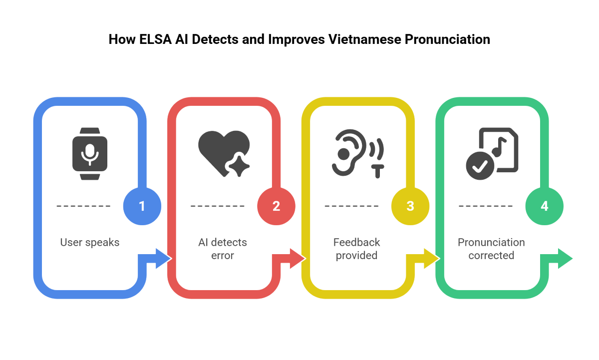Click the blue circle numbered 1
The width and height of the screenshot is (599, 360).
pos(142,206)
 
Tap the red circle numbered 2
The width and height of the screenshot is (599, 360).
pos(276,206)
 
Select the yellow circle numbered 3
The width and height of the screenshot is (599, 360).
pos(410,206)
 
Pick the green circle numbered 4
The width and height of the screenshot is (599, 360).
pos(545,206)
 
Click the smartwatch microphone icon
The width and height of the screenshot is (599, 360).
pos(90,154)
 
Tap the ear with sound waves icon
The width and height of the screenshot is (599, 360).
pos(357,153)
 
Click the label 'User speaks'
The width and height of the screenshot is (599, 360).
pos(90,243)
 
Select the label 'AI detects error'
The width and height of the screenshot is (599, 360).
pos(223,249)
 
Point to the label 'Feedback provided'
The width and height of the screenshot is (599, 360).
pos(357,249)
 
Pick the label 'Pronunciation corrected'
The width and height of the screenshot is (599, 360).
pos(491,249)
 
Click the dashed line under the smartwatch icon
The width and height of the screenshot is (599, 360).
pos(83,206)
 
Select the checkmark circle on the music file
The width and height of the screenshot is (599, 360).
pos(480,166)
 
